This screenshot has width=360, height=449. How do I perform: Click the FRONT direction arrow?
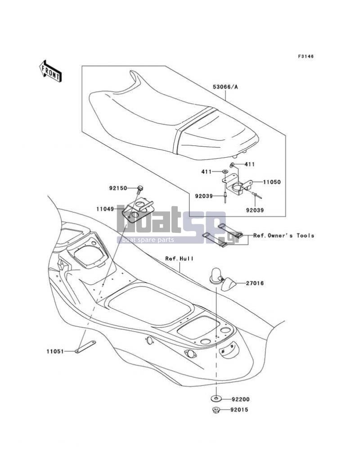(x=50, y=71)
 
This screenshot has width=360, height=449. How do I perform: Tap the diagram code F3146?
(x=306, y=56)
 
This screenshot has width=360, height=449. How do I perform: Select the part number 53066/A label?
(x=225, y=87)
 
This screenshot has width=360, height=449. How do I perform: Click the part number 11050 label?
(x=272, y=182)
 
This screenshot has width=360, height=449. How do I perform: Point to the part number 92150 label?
(x=118, y=188)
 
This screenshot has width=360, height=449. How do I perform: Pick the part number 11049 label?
(x=105, y=209)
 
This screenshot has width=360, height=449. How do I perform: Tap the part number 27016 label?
(x=255, y=283)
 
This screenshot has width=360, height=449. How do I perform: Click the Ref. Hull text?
(x=180, y=259)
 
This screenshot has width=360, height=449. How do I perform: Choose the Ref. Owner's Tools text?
(x=283, y=236)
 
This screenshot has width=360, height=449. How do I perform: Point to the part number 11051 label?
(x=55, y=351)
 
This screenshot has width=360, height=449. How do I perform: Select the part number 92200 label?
(x=241, y=399)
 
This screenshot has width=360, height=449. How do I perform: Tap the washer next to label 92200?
(x=216, y=398)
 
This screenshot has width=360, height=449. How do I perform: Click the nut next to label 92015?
(x=216, y=410)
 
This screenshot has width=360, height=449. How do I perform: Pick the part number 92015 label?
(x=239, y=410)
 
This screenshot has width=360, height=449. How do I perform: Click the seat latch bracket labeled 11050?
(x=237, y=186)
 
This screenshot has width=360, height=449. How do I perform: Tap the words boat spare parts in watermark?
(x=148, y=240)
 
